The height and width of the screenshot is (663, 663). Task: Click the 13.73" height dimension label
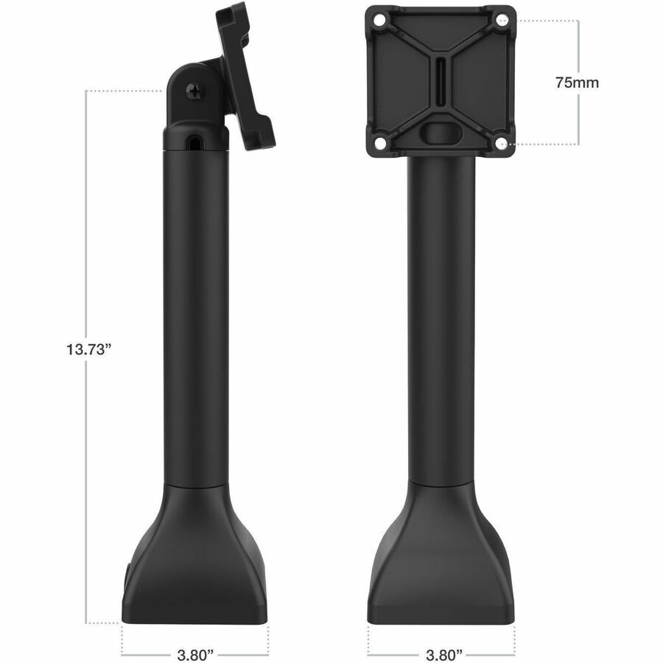tap(88, 349)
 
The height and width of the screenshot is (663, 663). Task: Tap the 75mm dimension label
tap(577, 83)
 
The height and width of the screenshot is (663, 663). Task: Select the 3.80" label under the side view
tap(195, 655)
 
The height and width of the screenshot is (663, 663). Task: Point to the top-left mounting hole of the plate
tap(379, 20)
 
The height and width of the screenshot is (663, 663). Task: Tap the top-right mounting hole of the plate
tap(502, 19)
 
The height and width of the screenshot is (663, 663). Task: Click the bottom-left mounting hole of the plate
tap(379, 142)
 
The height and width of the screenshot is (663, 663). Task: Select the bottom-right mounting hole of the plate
tap(502, 142)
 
